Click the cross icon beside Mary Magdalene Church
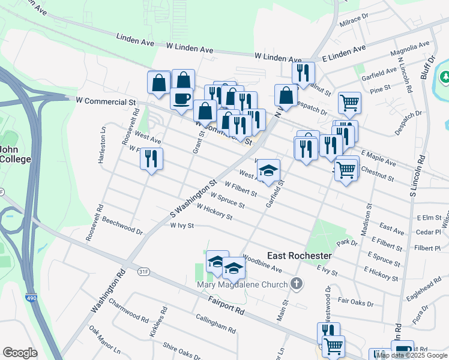tap(295, 283)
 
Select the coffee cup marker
tap(181, 98)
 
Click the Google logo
tap(20, 353)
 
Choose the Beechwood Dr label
tap(122, 226)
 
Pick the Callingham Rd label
tap(215, 325)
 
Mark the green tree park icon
tap(445, 76)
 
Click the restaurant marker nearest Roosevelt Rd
tap(151, 159)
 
